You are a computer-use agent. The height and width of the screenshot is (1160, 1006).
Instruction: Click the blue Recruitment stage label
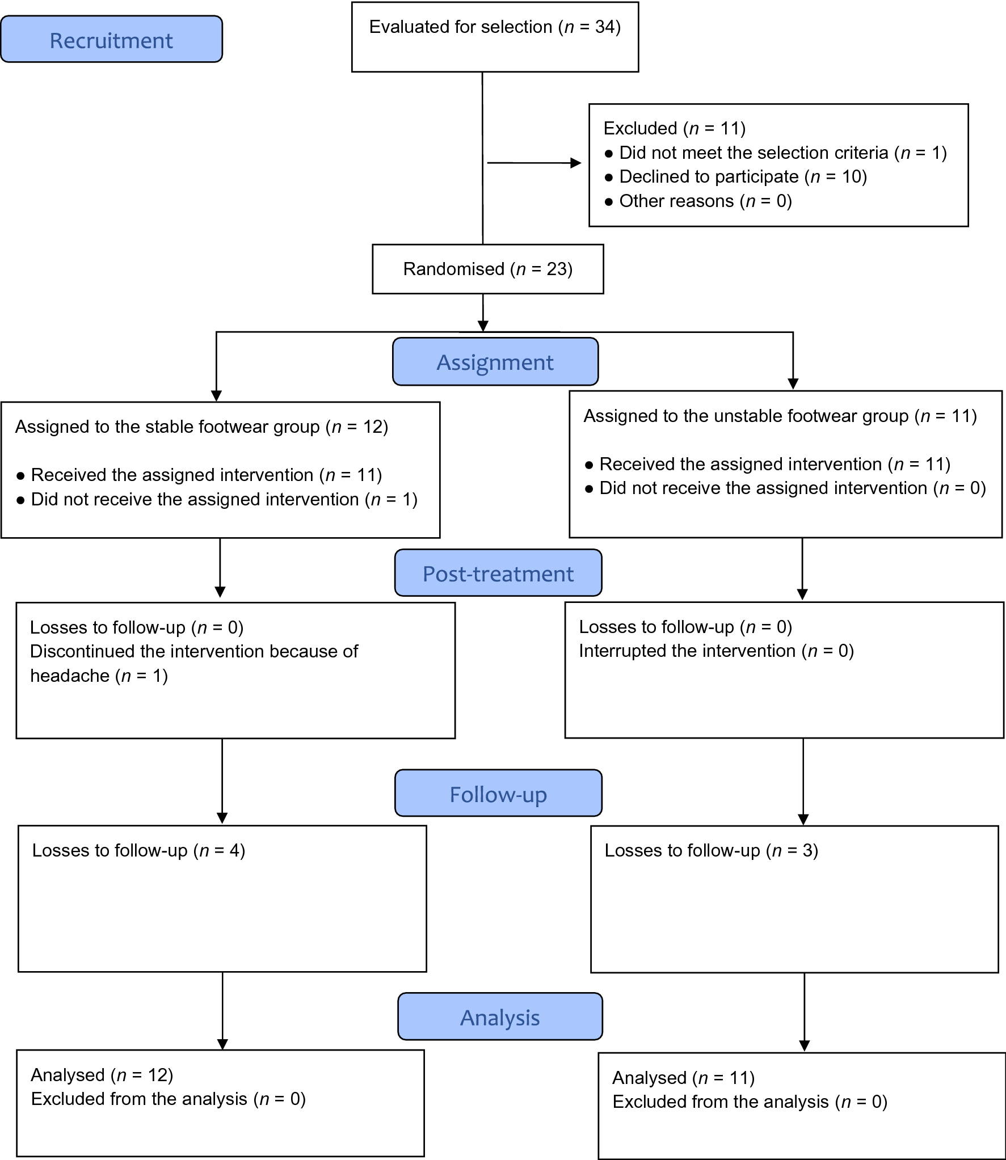[111, 40]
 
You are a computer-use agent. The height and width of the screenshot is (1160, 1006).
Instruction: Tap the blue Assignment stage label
[495, 362]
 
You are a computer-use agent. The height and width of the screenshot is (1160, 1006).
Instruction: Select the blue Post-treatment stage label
[498, 573]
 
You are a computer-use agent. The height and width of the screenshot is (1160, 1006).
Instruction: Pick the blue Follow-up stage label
[498, 794]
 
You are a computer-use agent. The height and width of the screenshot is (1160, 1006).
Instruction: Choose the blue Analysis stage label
[499, 1018]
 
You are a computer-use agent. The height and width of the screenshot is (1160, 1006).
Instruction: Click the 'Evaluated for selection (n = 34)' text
[495, 27]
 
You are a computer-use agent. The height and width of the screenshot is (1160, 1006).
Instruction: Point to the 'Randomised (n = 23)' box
[487, 269]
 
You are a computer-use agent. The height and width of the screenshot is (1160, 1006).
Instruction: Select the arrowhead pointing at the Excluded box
[576, 163]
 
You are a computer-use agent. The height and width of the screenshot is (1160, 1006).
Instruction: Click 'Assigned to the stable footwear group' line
[201, 427]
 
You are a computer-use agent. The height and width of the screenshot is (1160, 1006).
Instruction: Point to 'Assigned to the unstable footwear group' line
[780, 416]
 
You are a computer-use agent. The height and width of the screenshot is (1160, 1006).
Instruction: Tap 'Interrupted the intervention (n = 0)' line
[716, 651]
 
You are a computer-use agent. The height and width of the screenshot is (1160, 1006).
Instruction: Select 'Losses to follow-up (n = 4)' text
[138, 850]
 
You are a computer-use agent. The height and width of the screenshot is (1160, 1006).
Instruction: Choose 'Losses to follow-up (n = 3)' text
[711, 850]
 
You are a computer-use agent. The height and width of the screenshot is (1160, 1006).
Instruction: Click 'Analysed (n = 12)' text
[102, 1075]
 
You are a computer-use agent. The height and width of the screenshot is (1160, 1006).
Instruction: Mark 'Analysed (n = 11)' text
[683, 1078]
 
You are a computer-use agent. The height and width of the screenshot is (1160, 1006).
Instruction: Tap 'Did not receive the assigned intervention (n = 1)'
[224, 499]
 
